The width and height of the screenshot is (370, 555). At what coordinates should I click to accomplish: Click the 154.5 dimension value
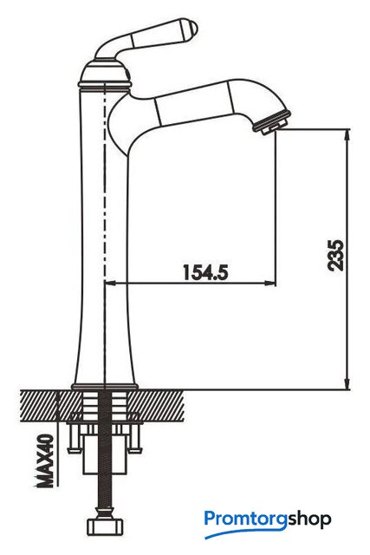(205, 271)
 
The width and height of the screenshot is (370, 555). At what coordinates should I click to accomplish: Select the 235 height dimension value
(335, 255)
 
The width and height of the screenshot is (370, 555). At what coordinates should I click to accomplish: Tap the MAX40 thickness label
(46, 460)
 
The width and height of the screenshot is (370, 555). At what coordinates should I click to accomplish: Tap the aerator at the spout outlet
(273, 123)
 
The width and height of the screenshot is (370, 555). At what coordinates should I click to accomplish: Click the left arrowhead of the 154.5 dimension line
(111, 283)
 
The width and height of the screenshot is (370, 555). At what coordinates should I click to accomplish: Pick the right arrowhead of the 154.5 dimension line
(270, 283)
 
